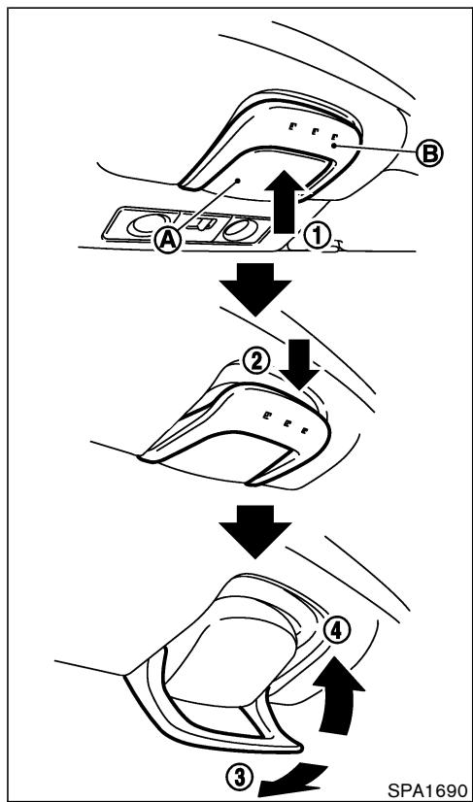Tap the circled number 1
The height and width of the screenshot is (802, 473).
(x=317, y=237)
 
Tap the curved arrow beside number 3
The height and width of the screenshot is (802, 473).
(x=290, y=778)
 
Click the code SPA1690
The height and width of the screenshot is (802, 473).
(x=427, y=789)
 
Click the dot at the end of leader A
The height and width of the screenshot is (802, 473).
(x=237, y=180)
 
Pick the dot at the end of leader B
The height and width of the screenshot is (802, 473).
(x=333, y=146)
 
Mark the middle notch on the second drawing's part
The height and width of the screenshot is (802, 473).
(x=285, y=422)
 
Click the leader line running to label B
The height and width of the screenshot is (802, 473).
(x=374, y=149)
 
